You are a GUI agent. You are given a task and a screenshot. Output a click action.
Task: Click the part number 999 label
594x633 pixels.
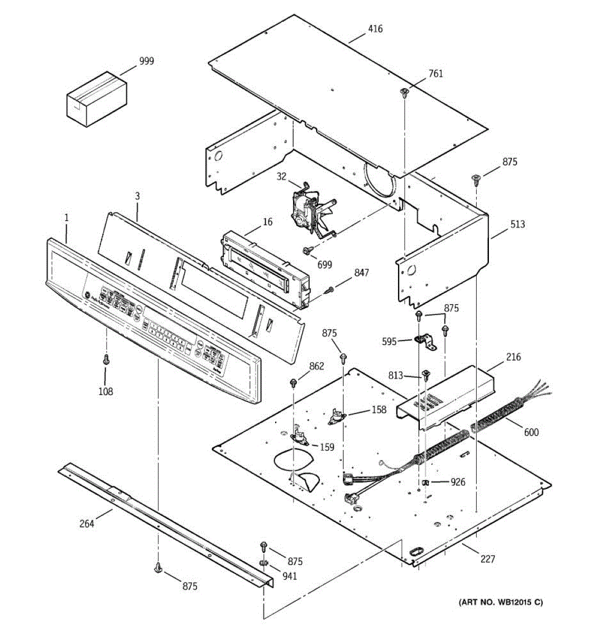146,61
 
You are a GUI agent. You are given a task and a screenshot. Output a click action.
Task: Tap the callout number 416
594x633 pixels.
375,29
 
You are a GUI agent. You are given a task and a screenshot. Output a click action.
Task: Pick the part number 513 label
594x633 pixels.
517,224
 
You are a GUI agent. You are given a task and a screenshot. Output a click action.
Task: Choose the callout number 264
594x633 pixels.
87,523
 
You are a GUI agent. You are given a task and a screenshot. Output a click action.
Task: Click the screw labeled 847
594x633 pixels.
331,288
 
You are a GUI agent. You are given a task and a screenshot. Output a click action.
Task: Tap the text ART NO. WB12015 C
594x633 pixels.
501,602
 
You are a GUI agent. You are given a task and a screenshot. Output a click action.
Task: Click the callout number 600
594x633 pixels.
531,433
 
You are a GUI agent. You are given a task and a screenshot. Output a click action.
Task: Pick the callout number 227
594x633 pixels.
487,559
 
